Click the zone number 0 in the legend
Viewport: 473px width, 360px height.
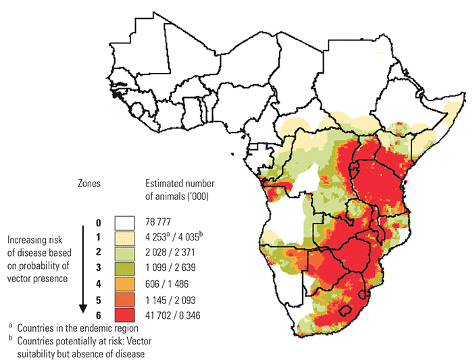click(98, 222)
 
